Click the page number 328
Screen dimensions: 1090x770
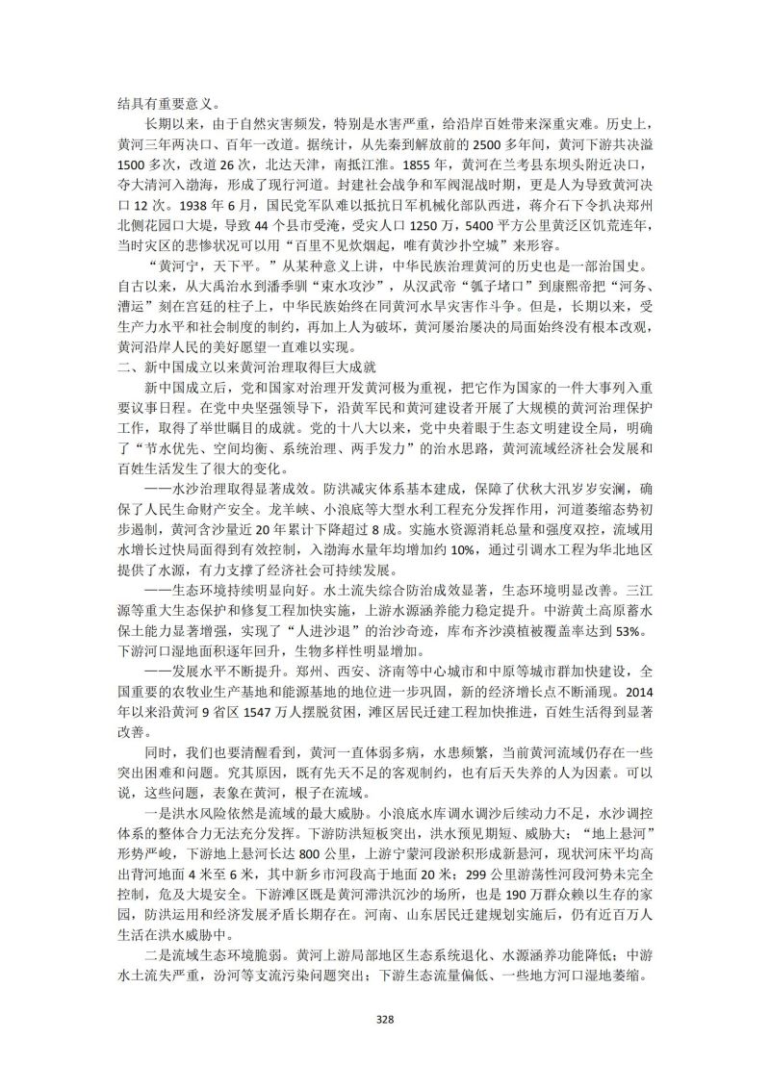tap(385, 1020)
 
